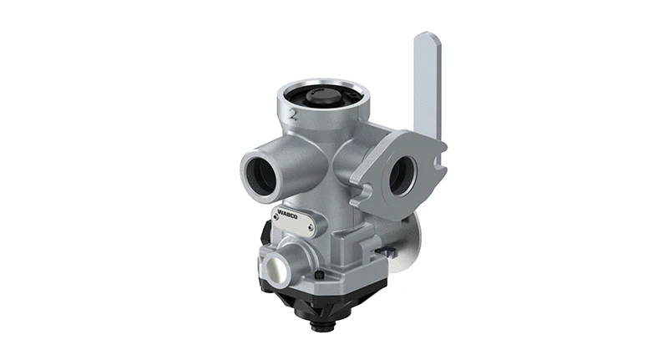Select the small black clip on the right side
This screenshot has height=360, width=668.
click(x=385, y=251)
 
